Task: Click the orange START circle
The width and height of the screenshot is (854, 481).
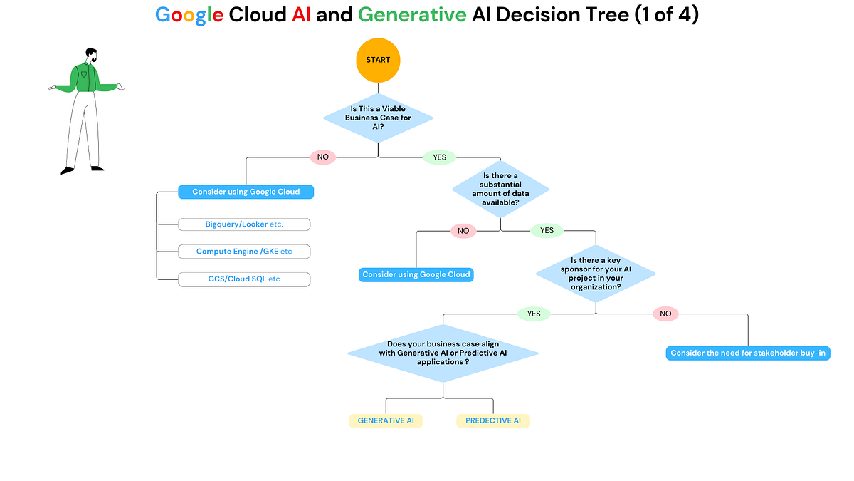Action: pyautogui.click(x=378, y=60)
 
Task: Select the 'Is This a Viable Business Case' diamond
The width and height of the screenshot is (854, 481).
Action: pyautogui.click(x=378, y=118)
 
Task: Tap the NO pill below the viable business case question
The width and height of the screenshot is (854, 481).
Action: pyautogui.click(x=323, y=157)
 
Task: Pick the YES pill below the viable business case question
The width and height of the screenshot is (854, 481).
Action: pyautogui.click(x=439, y=157)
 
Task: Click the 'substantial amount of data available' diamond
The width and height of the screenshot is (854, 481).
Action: pyautogui.click(x=501, y=189)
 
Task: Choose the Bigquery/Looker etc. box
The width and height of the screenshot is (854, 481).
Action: pyautogui.click(x=244, y=224)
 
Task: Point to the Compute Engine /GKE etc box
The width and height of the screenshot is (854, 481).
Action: pyautogui.click(x=244, y=252)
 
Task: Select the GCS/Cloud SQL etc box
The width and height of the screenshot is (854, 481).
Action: pyautogui.click(x=244, y=279)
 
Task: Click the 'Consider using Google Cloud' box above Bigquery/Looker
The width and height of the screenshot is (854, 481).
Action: pyautogui.click(x=246, y=192)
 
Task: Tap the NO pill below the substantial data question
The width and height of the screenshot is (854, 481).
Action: pyautogui.click(x=463, y=231)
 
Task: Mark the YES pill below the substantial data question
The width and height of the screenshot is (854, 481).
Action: pyautogui.click(x=547, y=231)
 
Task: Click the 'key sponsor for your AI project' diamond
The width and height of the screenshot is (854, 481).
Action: pyautogui.click(x=596, y=274)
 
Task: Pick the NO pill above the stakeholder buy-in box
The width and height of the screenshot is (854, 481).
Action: pyautogui.click(x=665, y=314)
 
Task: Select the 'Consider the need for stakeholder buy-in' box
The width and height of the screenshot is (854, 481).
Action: pyautogui.click(x=748, y=353)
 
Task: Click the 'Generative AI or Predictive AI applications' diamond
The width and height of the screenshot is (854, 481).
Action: pyautogui.click(x=443, y=353)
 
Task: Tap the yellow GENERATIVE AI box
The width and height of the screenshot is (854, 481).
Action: pyautogui.click(x=386, y=420)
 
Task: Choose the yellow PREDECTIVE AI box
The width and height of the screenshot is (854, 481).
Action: pyautogui.click(x=493, y=420)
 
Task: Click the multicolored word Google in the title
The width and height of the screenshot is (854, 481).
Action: pyautogui.click(x=189, y=15)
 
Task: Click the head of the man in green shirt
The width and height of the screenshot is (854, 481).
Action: pyautogui.click(x=90, y=56)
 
